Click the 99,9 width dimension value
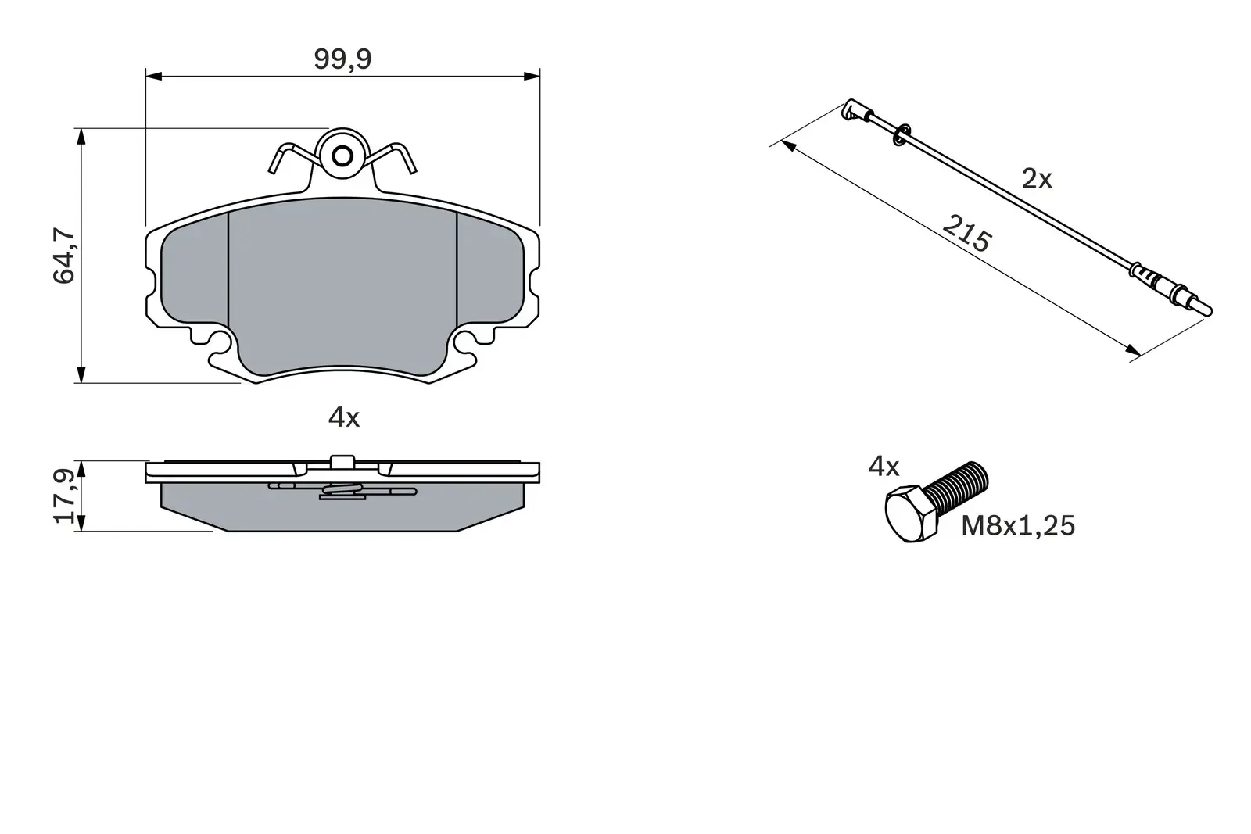point(342,59)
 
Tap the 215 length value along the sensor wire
point(966,233)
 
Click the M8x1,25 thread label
point(1018,526)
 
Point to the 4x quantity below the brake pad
point(343,418)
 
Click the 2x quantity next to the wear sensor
point(1037,180)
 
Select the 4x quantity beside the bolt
point(884,467)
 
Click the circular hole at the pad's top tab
point(342,156)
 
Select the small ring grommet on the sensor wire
point(901,134)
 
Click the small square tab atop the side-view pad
point(342,462)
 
